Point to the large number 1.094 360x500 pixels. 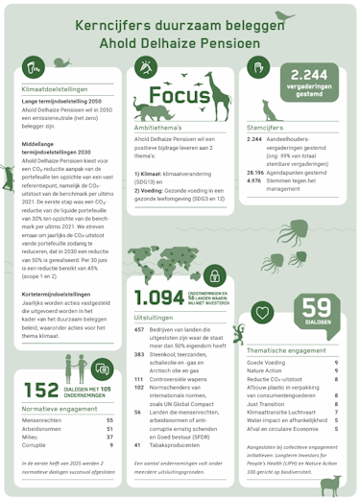pyautogui.click(x=158, y=298)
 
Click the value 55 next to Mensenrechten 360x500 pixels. pyautogui.click(x=110, y=419)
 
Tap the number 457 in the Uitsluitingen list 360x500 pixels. pyautogui.click(x=139, y=328)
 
